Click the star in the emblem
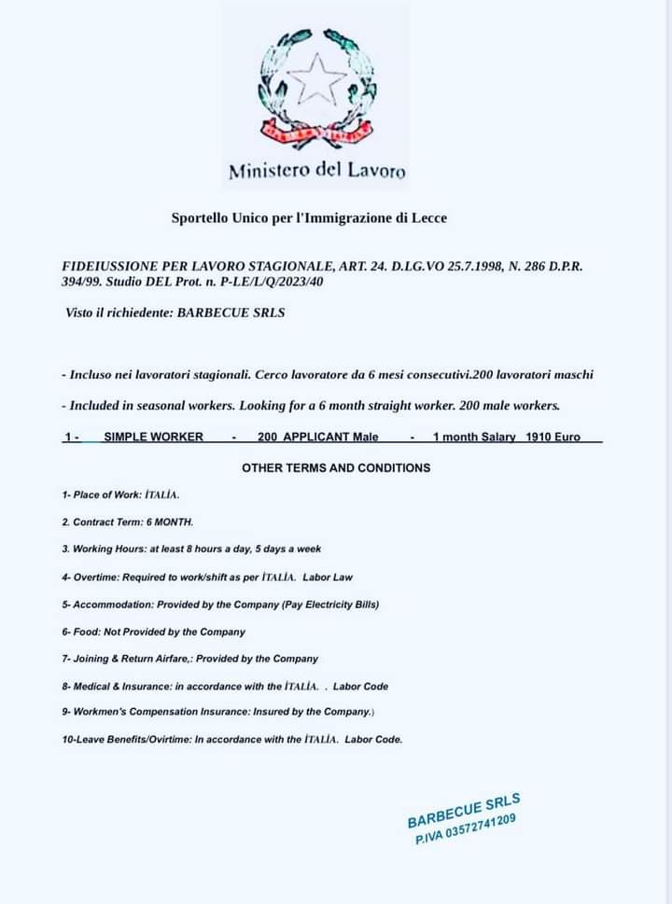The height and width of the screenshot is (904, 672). (x=315, y=78)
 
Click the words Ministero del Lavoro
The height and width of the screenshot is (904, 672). (x=317, y=171)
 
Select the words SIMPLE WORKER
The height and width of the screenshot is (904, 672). (x=153, y=437)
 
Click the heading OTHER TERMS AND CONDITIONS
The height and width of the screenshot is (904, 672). (x=336, y=467)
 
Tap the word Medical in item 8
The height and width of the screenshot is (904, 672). (x=91, y=687)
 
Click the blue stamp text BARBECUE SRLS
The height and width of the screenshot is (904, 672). (x=464, y=810)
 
